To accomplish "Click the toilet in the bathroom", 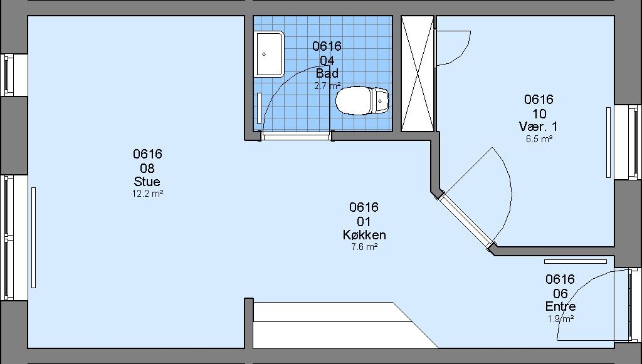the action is [x=362, y=101].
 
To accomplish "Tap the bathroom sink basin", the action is [x=270, y=54].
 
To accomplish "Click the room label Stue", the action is [x=147, y=181].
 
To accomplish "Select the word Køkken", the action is [x=364, y=235].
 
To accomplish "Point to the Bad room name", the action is [x=327, y=73].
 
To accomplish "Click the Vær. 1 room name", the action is [x=539, y=127].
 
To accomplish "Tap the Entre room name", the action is [x=560, y=306].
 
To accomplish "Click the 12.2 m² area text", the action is [x=147, y=194].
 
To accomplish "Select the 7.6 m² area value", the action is [x=364, y=247].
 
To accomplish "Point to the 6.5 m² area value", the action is [x=539, y=138].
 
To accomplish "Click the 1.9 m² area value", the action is [x=560, y=319].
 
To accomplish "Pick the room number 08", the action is [x=147, y=168].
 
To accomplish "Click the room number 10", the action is [x=539, y=113].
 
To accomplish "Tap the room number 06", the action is [x=560, y=293].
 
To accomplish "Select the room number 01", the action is [x=364, y=222].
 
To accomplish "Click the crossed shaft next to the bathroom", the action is [x=417, y=74].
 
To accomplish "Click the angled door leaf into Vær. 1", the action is [x=466, y=220].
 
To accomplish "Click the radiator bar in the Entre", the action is [x=576, y=261].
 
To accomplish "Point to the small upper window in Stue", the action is [x=9, y=75].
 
